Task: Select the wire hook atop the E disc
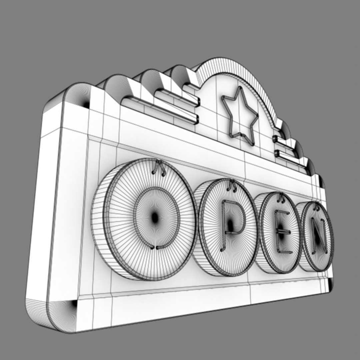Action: pos(282,199)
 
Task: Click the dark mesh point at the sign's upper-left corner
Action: pos(86,104)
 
